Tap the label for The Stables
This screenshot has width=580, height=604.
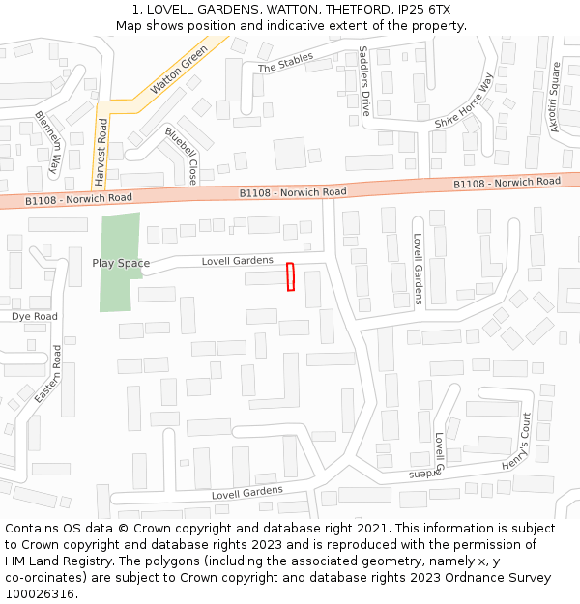point(285,63)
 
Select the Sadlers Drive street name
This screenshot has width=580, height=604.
point(364,81)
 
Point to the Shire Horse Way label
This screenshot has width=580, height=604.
point(464,101)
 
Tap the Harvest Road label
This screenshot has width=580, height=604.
point(101,152)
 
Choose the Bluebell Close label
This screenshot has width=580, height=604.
point(181,156)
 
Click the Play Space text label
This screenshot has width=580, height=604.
point(121,263)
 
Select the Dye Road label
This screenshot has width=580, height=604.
point(35,316)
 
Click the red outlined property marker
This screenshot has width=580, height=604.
point(290,276)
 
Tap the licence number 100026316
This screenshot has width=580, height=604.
point(41,593)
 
